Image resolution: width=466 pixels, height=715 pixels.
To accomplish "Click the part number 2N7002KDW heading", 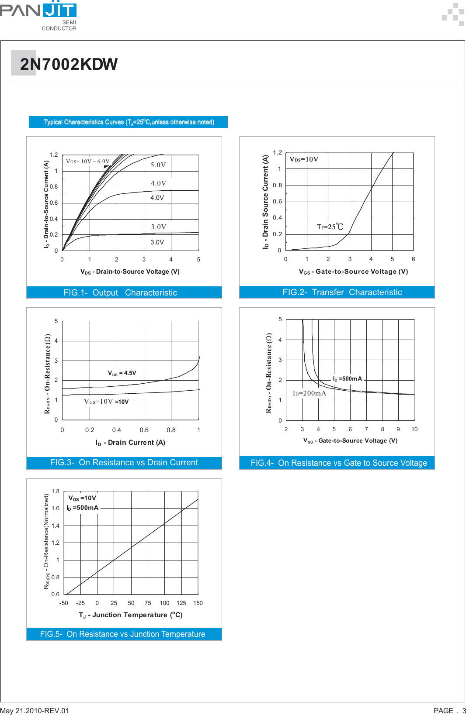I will (69, 64).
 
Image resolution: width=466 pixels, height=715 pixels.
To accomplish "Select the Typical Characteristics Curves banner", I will (129, 122).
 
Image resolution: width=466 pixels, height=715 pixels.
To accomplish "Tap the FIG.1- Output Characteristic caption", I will (120, 292).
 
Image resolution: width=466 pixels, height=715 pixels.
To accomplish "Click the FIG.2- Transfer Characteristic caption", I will (342, 292).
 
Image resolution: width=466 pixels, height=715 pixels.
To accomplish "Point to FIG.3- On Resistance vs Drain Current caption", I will (124, 463).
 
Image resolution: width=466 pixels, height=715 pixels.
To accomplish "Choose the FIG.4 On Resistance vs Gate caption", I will (339, 463).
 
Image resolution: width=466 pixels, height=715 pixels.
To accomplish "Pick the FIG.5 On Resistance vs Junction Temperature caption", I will (122, 634).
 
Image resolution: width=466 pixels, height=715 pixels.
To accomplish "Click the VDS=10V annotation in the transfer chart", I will (304, 159).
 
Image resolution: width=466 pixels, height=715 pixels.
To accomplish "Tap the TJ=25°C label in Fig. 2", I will (330, 227).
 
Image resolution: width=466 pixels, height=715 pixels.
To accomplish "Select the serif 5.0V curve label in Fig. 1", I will (158, 165).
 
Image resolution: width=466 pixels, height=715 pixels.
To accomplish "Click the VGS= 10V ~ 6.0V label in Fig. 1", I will (87, 162).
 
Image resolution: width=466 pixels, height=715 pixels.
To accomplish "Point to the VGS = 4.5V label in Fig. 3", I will (122, 373).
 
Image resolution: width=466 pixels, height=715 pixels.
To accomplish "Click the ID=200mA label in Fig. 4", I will (310, 393).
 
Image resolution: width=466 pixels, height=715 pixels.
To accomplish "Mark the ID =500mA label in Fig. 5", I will (83, 508).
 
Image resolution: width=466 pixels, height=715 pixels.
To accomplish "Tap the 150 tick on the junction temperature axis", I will (198, 603).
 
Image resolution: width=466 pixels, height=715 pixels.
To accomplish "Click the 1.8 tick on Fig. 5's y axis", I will (56, 492).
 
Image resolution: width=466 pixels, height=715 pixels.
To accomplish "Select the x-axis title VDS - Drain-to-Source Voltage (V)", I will (130, 272).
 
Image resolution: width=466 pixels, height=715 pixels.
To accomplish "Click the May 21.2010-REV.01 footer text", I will (35, 711).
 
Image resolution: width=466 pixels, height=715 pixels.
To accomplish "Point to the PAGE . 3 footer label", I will (449, 711).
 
